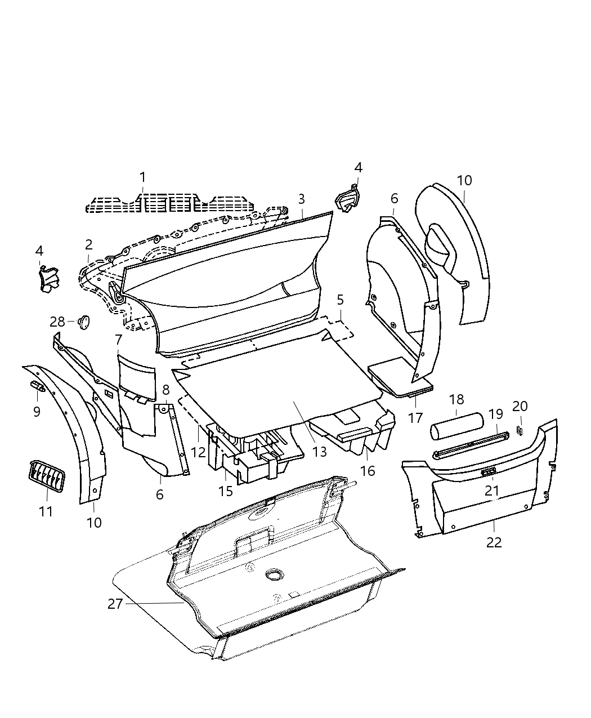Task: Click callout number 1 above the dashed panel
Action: [142, 177]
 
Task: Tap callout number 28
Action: [57, 322]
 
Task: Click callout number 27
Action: [115, 604]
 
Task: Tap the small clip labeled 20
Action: [520, 431]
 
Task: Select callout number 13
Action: [319, 452]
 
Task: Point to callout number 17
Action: [415, 418]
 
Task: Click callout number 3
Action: [302, 199]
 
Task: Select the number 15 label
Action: [226, 491]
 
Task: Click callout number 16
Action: [368, 470]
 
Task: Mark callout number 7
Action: [118, 340]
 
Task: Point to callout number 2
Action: [89, 244]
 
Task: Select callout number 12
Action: [198, 452]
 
